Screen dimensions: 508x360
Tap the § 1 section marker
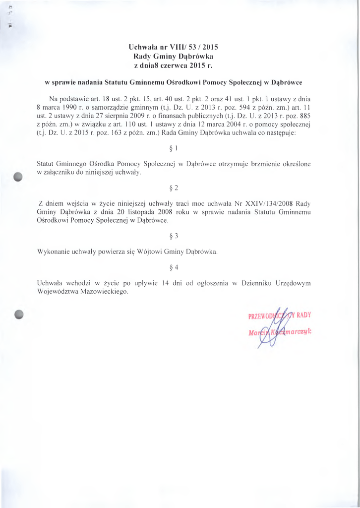174,148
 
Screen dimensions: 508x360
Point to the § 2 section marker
174,188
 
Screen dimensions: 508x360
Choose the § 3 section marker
174,236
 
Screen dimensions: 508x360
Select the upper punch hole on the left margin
19,177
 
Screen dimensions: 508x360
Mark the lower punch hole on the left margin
19,314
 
